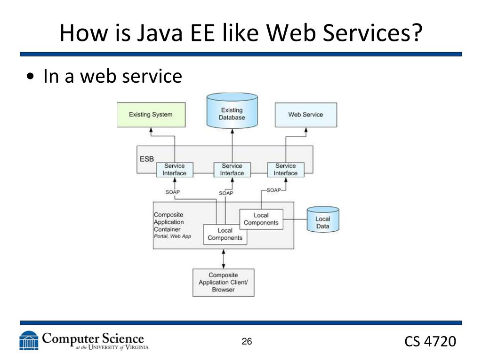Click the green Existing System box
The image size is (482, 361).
pos(151,115)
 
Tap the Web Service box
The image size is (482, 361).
pos(305,115)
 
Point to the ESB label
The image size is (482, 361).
pos(146,159)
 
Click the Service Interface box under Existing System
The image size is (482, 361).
pos(174,169)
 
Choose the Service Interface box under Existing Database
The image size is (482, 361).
pos(232,169)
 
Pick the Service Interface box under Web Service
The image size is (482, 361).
pos(286,169)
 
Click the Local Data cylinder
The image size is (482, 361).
pos(322,220)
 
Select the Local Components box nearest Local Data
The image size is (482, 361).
pos(261,219)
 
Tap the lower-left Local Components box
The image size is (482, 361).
pos(225,234)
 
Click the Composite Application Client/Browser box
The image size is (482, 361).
pos(223,283)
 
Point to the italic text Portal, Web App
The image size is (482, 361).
pos(172,236)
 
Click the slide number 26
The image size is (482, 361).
pos(247,342)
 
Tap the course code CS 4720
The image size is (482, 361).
pos(430,342)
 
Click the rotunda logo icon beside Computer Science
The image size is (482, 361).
pos(29,341)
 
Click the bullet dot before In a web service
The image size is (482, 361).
pos(31,77)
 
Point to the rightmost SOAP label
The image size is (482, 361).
pos(273,190)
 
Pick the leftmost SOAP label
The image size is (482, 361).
pos(173,192)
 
